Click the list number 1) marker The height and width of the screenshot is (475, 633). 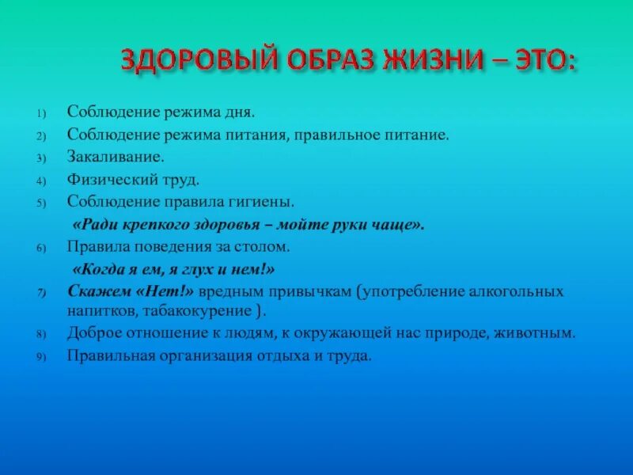pos(41,113)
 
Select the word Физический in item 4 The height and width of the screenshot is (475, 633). pos(104,180)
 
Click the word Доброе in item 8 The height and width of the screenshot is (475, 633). pos(91,334)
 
